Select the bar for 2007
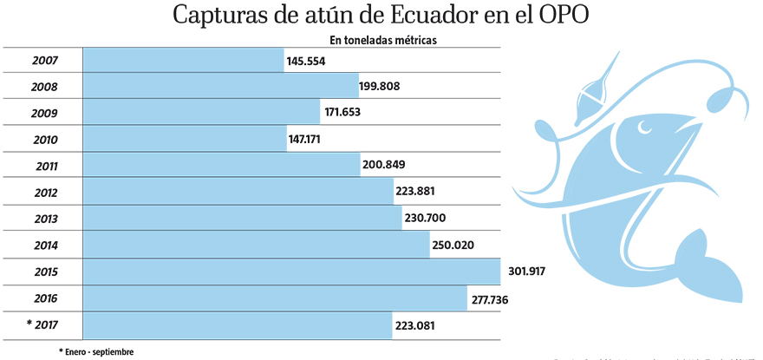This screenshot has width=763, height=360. [183, 61]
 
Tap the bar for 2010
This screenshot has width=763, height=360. [185, 140]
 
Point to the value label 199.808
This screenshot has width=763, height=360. [387, 87]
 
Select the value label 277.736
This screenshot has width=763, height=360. [497, 299]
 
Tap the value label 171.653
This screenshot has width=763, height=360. [348, 114]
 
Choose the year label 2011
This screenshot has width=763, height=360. [44, 167]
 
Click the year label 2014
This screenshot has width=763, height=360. [44, 245]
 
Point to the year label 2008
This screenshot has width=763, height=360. [44, 87]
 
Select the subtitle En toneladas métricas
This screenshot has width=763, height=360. [381, 40]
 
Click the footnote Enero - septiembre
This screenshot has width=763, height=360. [96, 351]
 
